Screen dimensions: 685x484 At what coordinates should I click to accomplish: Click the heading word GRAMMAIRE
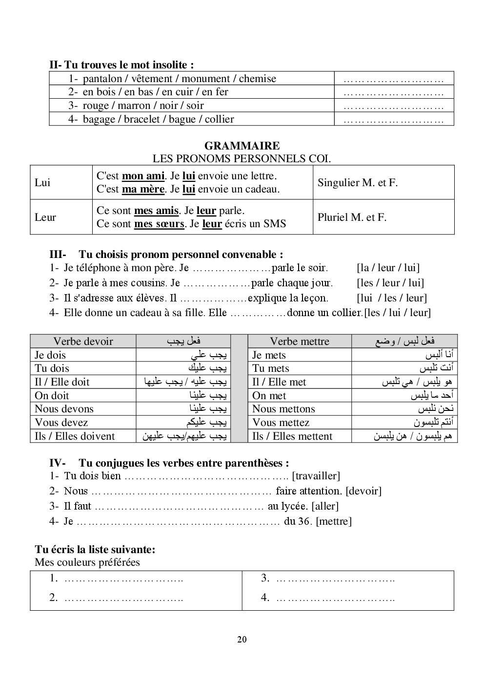pos(242,146)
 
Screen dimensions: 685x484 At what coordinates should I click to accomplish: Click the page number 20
pos(242,640)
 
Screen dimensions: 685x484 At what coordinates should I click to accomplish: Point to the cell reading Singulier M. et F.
pos(358,183)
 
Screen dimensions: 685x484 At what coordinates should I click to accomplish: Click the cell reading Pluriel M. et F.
pos(352,217)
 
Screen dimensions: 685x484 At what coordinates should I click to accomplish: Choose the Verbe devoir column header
pos(83,342)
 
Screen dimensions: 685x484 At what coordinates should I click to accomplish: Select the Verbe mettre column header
pos(300,342)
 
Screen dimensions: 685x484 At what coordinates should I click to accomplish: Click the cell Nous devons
pos(64,409)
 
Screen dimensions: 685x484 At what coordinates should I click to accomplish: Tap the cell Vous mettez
pos(281,423)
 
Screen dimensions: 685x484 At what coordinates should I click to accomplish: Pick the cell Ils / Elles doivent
pos(75,436)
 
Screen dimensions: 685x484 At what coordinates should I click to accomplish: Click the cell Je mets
pos(269,355)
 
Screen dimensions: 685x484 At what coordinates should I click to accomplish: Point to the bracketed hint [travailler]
pos(316,476)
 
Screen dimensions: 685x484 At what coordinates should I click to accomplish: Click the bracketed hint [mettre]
pos(334,521)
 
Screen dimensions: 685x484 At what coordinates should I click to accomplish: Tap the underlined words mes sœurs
pos(159,224)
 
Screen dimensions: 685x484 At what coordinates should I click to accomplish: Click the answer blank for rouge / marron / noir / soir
pos(393,106)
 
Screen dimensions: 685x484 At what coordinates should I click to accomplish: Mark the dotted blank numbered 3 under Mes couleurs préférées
pos(335,579)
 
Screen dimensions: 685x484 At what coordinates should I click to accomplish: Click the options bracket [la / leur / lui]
pos(388,268)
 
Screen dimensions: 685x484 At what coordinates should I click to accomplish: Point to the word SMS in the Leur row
pos(275,224)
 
